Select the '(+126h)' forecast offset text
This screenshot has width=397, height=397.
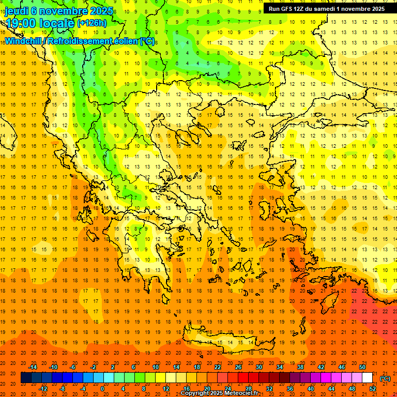93,23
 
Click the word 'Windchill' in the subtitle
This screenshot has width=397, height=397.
24,41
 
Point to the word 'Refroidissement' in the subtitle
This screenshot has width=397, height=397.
80,41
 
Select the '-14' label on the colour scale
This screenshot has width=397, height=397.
33,367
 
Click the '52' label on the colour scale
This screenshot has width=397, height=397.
373,388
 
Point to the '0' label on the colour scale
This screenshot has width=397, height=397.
102,388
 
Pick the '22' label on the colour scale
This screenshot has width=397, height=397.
218,367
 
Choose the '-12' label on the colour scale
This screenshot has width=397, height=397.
43,388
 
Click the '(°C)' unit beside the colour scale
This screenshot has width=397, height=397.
385,378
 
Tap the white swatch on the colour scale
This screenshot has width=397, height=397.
368,378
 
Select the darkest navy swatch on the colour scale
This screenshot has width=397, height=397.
26,378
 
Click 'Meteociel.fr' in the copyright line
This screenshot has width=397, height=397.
240,393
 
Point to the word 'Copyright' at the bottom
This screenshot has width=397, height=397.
195,393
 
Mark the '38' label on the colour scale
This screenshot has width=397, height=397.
300,367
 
